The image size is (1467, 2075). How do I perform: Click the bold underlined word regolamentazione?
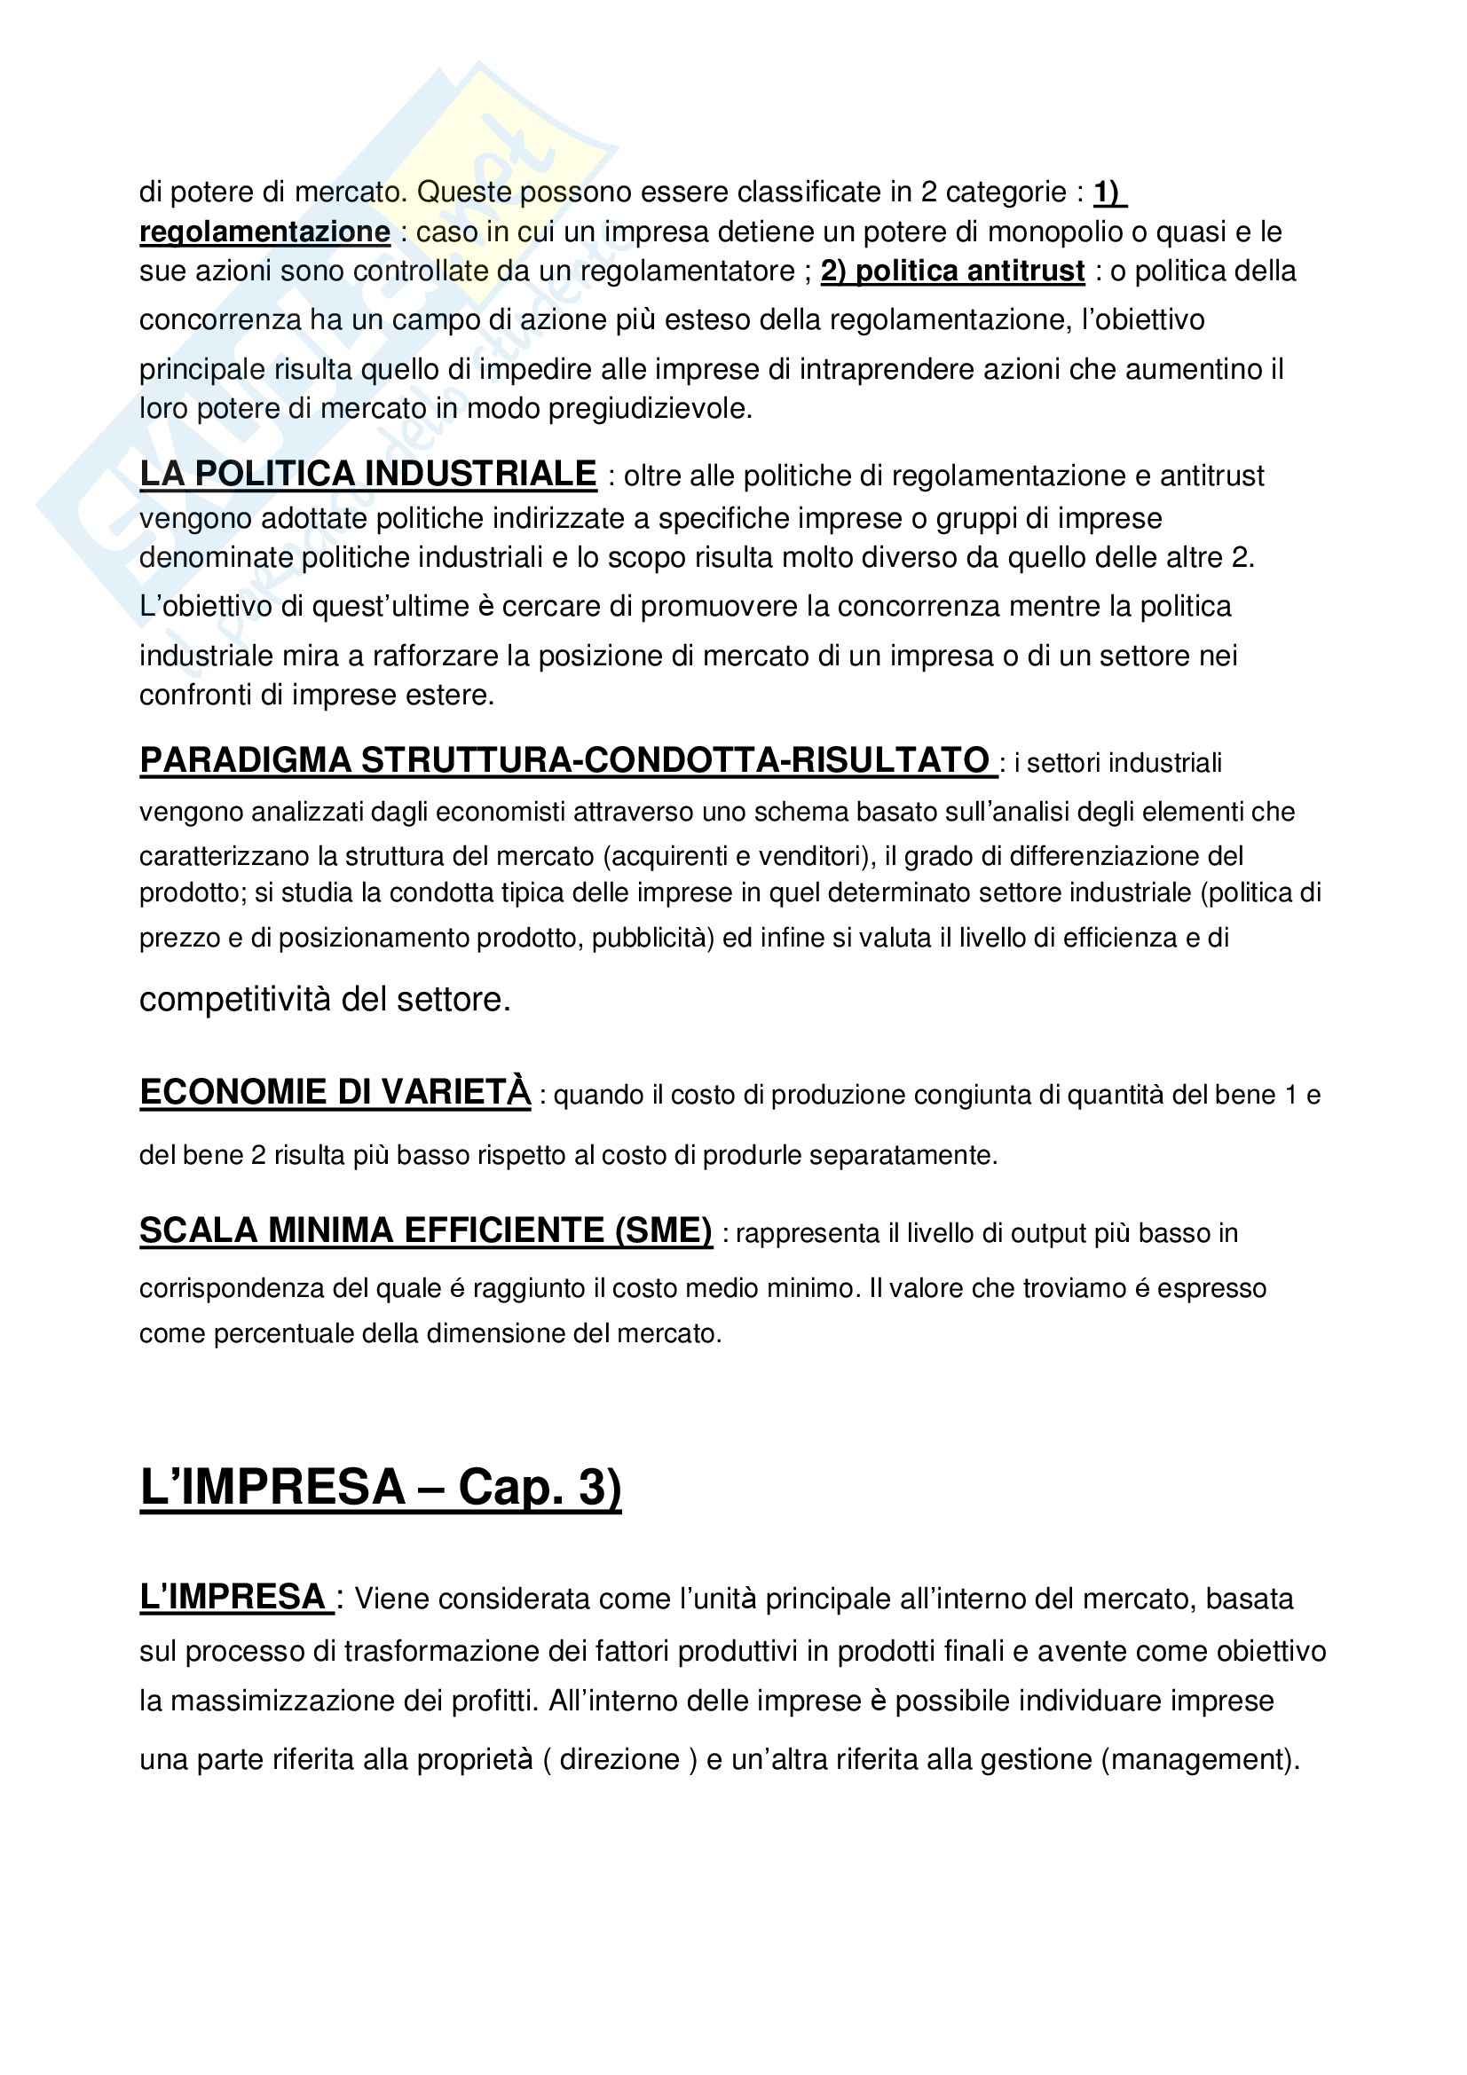pos(264,232)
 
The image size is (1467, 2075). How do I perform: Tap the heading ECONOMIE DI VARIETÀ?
pos(335,1092)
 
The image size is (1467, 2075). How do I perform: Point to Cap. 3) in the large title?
pos(540,1487)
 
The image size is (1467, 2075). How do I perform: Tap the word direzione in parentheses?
pos(619,1758)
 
